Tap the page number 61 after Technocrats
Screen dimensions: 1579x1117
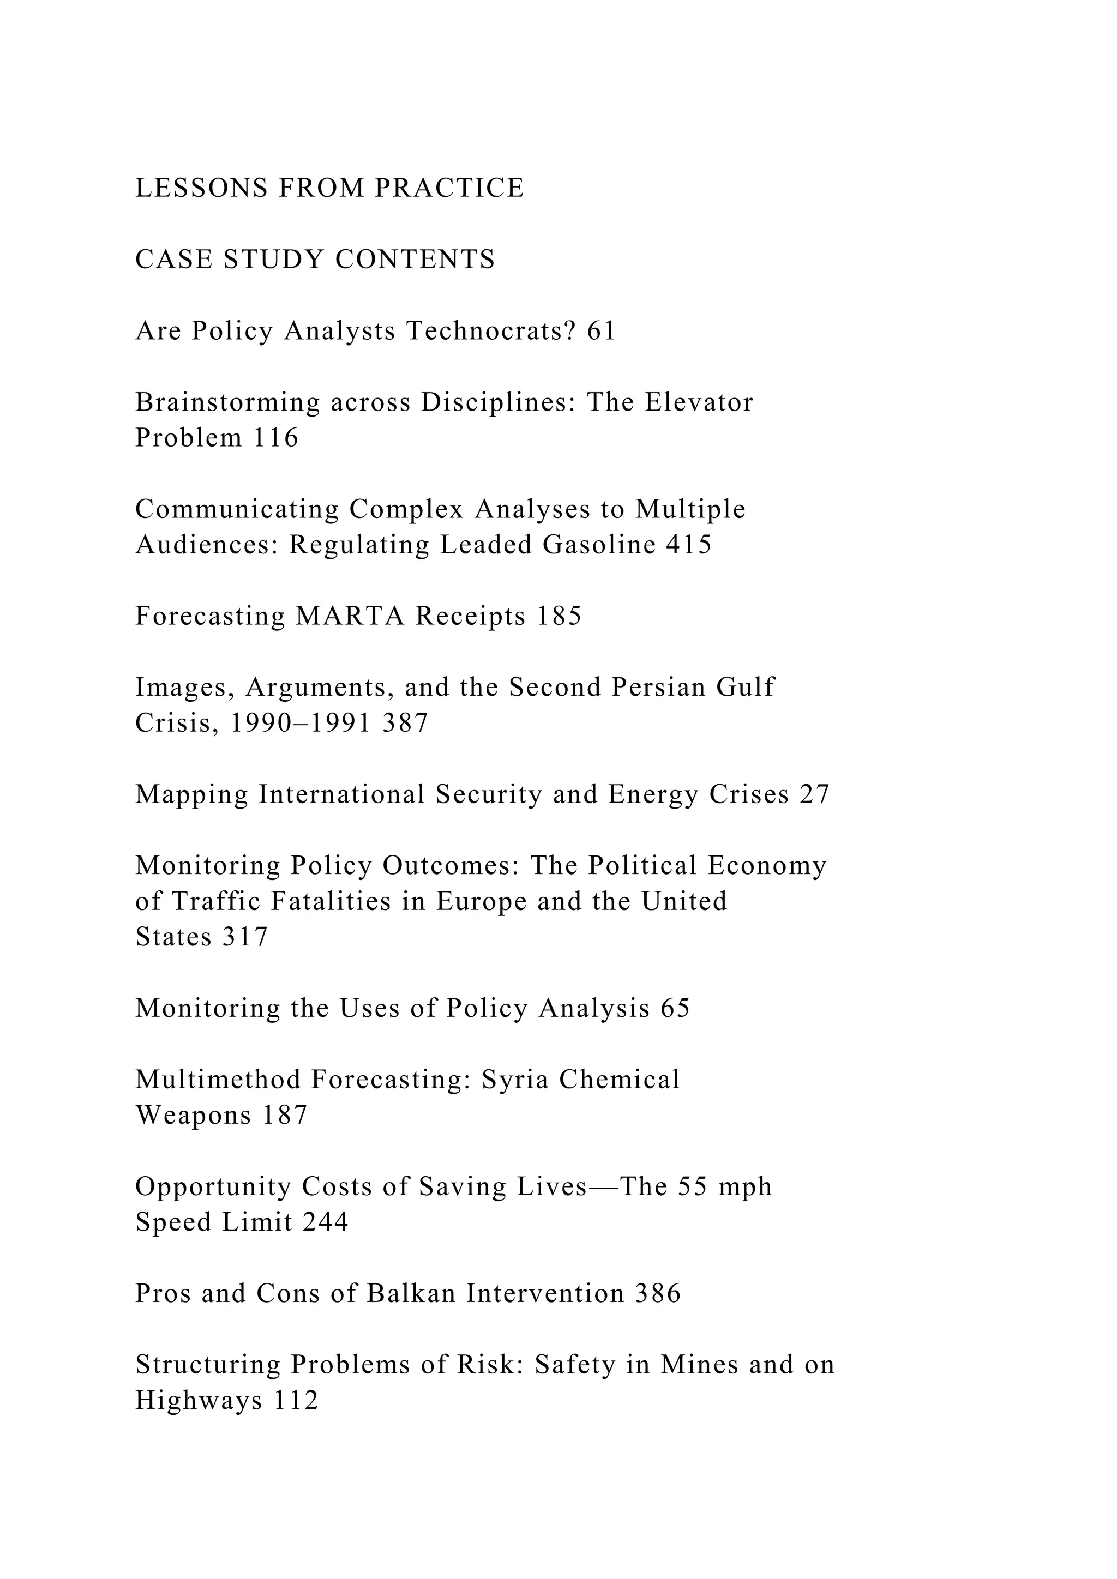pyautogui.click(x=601, y=332)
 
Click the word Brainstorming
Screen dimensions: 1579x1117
pyautogui.click(x=227, y=403)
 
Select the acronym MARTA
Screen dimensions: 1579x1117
pyautogui.click(x=350, y=617)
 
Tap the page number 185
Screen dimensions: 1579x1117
pyautogui.click(x=558, y=617)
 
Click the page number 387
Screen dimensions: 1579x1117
pyautogui.click(x=405, y=724)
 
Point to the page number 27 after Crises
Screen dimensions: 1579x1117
pyautogui.click(x=814, y=795)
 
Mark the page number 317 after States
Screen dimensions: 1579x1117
pyautogui.click(x=245, y=937)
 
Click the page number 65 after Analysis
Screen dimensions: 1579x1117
pyautogui.click(x=675, y=1009)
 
